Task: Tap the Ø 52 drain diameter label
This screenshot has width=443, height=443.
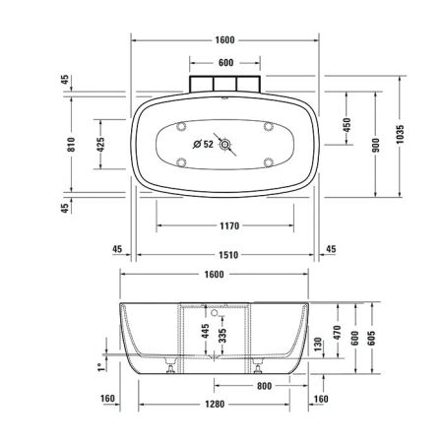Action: (x=203, y=145)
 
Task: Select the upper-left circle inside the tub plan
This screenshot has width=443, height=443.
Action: (x=182, y=125)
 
